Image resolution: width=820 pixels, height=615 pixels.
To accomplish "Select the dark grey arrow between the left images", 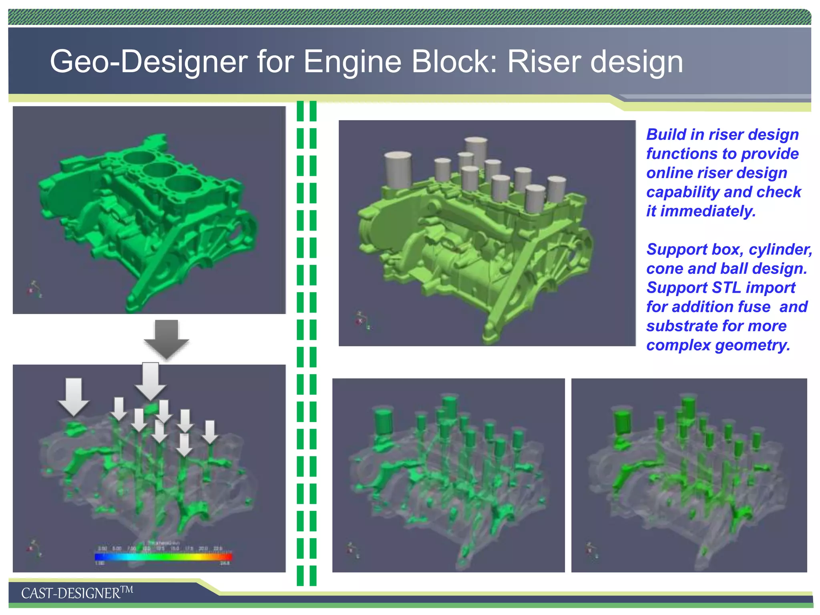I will [x=166, y=338].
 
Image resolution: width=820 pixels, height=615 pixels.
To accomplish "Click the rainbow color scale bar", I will [x=163, y=557].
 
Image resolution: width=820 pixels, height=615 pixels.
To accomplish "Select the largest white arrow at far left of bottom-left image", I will [x=74, y=396].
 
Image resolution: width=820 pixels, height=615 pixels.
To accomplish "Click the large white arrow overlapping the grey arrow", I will [x=151, y=380].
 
